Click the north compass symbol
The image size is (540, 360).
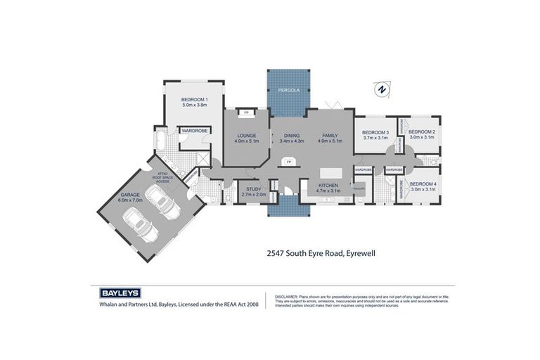pos(380,89)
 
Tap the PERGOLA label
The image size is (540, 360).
pos(287,91)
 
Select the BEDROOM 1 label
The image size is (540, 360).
pos(194,98)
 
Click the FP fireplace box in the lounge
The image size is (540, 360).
pos(246,112)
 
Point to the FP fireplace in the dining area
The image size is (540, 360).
pos(288,162)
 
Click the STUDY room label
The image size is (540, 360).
pos(253,188)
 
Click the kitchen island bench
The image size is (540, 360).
pos(328,173)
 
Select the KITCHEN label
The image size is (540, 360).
pos(328,185)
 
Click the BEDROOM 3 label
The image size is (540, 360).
pos(375,132)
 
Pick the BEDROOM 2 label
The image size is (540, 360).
pos(423,131)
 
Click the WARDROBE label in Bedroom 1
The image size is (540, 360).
pos(192,130)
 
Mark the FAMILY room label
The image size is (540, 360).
pos(330,135)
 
